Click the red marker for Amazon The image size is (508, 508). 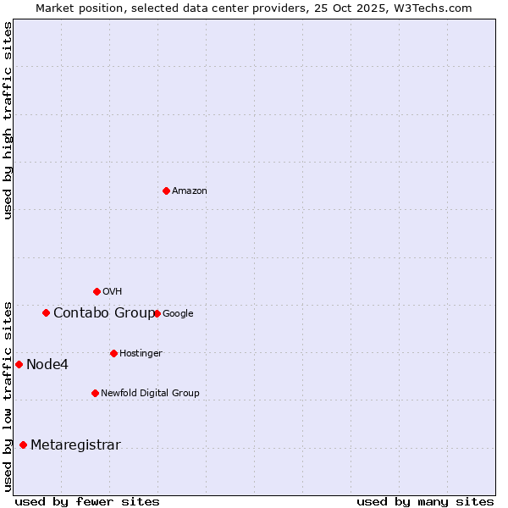[x=166, y=190]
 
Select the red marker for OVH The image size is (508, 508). [x=97, y=291]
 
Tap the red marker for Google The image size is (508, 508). [x=157, y=313]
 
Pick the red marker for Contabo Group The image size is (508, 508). [x=46, y=312]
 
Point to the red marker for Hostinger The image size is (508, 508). [x=113, y=353]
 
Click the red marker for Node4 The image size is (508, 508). [x=19, y=364]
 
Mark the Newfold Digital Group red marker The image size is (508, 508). [x=95, y=393]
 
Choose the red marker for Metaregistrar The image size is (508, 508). [x=23, y=444]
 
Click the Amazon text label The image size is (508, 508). [x=190, y=191]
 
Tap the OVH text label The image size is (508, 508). [x=113, y=292]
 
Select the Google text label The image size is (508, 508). [x=178, y=314]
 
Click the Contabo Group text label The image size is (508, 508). [x=104, y=313]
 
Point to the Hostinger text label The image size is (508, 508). [x=141, y=354]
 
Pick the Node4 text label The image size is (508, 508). [x=47, y=365]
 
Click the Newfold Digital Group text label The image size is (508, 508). [x=151, y=394]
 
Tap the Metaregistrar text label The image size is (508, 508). [x=75, y=445]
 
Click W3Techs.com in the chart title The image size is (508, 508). [x=431, y=8]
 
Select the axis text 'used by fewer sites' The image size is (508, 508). [x=87, y=501]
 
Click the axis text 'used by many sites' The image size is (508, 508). [x=425, y=501]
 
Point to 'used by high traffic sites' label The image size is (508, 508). [x=8, y=120]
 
